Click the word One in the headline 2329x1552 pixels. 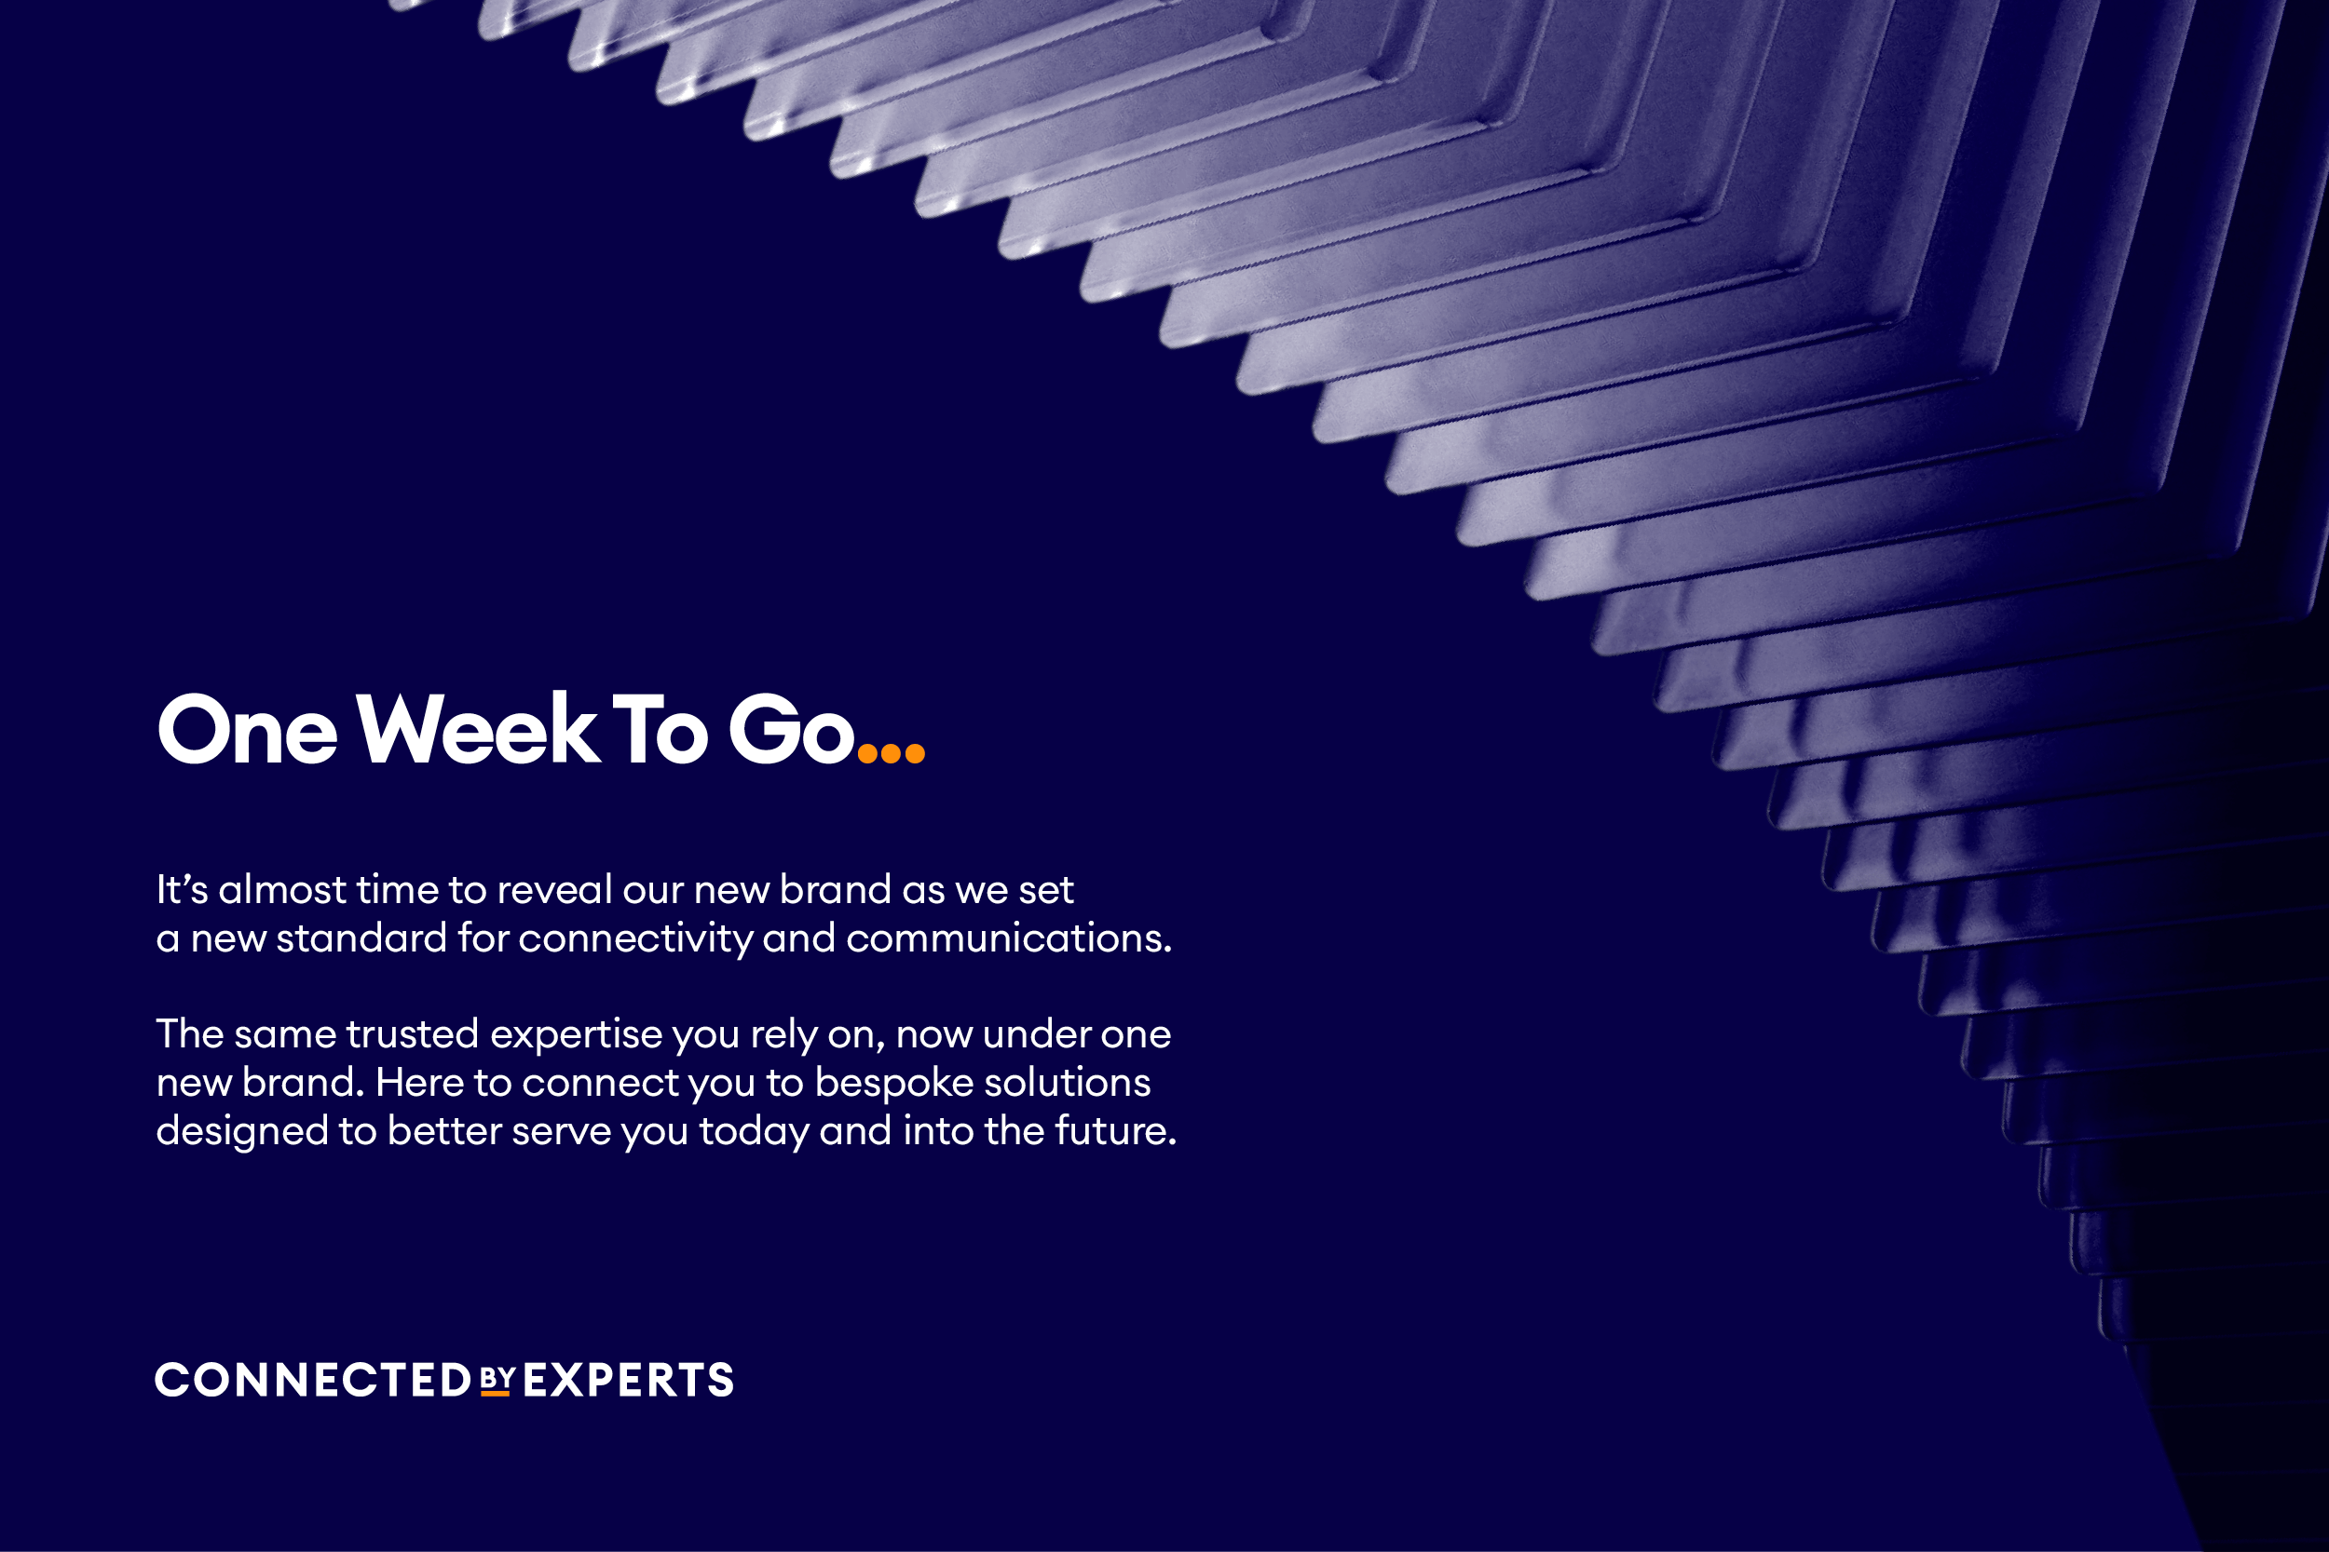[x=248, y=730]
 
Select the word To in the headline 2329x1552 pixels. [x=661, y=730]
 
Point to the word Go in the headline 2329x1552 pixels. [x=791, y=730]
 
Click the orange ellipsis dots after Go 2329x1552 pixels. [x=892, y=753]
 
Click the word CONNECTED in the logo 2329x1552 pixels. [x=313, y=1380]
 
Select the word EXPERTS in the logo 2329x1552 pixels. [x=628, y=1380]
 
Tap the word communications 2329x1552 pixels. [x=1009, y=938]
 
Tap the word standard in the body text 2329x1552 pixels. [x=361, y=938]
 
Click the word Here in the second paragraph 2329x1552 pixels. [x=420, y=1082]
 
